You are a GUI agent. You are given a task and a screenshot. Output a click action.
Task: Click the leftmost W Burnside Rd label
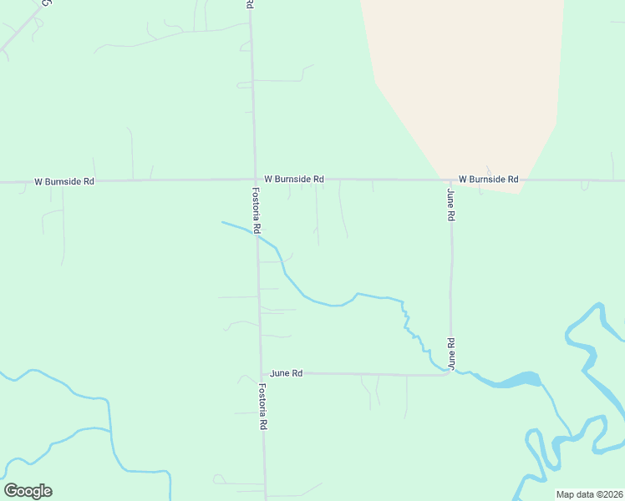(x=64, y=180)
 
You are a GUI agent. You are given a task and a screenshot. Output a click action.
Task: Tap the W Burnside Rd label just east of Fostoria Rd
(x=293, y=179)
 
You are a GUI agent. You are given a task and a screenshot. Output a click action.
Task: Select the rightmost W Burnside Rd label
(x=488, y=179)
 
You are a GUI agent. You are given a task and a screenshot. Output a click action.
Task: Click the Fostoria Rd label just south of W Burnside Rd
(x=257, y=210)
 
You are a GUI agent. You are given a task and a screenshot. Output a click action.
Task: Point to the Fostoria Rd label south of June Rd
(x=262, y=406)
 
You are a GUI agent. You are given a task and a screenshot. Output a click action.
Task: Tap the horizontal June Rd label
(x=286, y=373)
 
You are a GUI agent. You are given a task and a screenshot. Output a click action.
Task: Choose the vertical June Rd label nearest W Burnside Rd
(x=450, y=205)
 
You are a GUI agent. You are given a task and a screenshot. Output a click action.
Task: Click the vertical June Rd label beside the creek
(x=450, y=353)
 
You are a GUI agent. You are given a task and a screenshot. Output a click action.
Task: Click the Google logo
(x=28, y=491)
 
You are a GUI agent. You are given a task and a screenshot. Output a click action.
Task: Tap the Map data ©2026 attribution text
(x=589, y=494)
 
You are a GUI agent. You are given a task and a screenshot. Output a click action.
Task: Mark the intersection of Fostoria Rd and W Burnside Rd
(x=254, y=179)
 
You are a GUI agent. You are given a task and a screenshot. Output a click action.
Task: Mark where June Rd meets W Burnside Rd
(x=450, y=180)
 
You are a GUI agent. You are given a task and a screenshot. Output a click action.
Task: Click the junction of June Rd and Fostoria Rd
(x=262, y=373)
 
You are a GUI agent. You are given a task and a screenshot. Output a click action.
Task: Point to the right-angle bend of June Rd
(x=450, y=373)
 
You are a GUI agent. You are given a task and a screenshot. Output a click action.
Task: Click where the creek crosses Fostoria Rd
(x=257, y=236)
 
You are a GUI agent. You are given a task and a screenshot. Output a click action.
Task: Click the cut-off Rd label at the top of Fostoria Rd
(x=250, y=4)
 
